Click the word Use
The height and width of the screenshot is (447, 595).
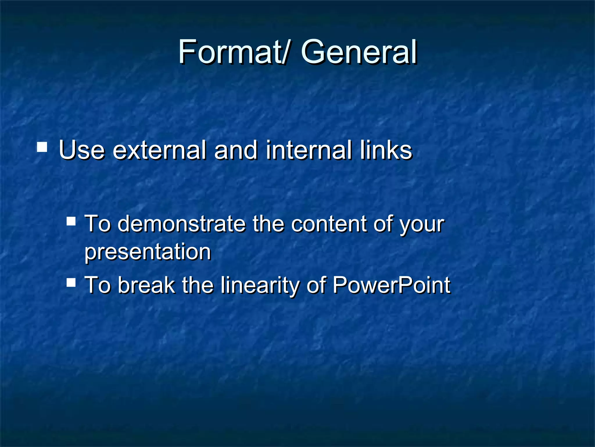click(x=82, y=150)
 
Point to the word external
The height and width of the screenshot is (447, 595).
click(x=159, y=150)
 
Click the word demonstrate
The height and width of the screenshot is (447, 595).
click(x=182, y=224)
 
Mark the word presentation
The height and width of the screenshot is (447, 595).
click(x=148, y=252)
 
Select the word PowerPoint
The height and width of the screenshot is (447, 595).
click(x=392, y=285)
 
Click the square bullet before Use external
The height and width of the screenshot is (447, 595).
click(x=42, y=147)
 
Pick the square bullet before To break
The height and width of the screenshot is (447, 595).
click(x=71, y=282)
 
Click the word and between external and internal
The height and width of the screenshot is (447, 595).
click(x=236, y=150)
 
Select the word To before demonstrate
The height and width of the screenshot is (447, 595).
click(x=97, y=224)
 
